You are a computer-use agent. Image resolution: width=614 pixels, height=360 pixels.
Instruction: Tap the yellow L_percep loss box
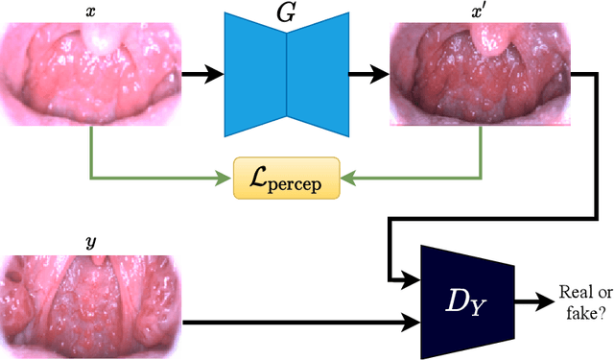pyautogui.click(x=287, y=177)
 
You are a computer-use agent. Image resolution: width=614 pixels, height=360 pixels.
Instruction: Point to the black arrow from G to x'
pyautogui.click(x=366, y=72)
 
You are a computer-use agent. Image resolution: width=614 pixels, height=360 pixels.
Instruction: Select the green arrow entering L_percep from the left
pyautogui.click(x=153, y=177)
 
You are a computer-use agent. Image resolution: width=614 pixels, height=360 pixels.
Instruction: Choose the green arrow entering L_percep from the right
pyautogui.click(x=413, y=177)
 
